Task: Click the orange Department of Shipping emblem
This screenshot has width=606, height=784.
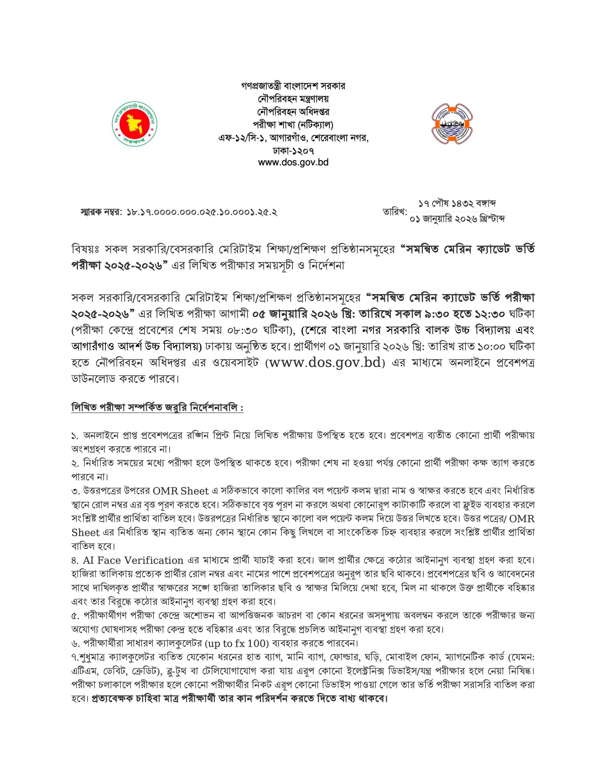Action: (452, 124)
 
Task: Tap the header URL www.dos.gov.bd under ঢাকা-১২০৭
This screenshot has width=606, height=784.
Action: (293, 162)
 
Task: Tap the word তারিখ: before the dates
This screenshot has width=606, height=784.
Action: (394, 212)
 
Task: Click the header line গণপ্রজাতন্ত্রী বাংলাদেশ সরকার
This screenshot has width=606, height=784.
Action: (293, 86)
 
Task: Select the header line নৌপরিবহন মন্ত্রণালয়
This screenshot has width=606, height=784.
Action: (293, 99)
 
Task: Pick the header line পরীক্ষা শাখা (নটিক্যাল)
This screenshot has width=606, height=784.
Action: (293, 124)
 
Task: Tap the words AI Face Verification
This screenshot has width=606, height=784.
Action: (133, 560)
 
